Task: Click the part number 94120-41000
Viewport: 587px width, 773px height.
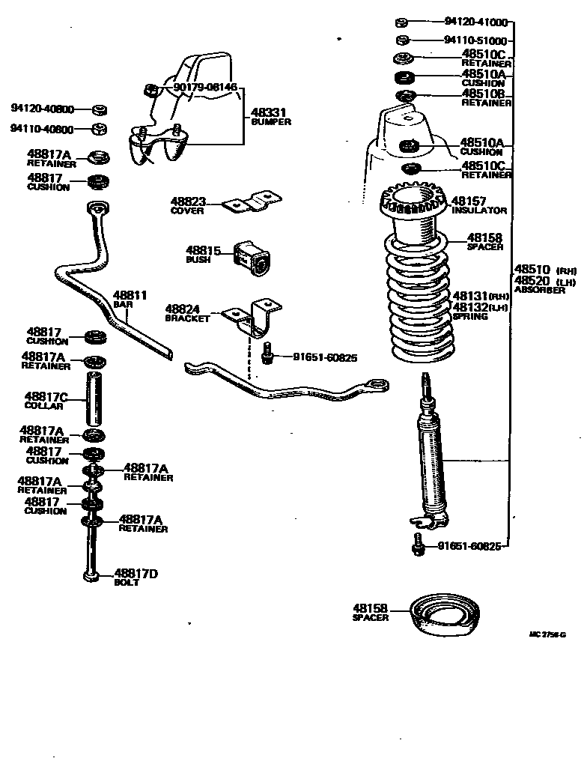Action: [x=476, y=22]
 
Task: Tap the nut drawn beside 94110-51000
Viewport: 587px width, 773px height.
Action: [x=401, y=40]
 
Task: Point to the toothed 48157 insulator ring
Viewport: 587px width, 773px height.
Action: [x=413, y=202]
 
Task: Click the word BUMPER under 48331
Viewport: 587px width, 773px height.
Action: [x=270, y=121]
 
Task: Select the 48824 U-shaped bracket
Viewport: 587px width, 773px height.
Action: [x=259, y=318]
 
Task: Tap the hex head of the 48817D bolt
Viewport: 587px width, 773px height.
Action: [x=91, y=575]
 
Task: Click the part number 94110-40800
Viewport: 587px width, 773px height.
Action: [x=42, y=129]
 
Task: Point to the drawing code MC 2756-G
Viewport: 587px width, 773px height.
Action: [x=547, y=634]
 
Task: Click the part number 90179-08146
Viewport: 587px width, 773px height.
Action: [x=204, y=88]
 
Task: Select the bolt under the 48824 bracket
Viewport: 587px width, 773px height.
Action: [x=267, y=354]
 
